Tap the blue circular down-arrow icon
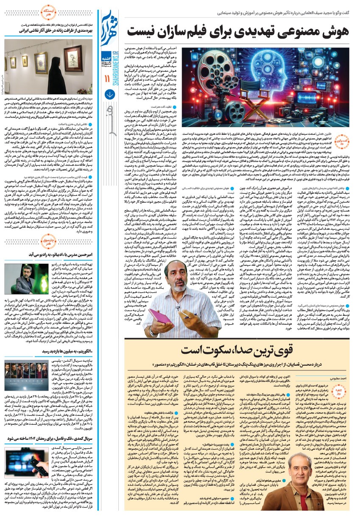pos(109,94)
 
